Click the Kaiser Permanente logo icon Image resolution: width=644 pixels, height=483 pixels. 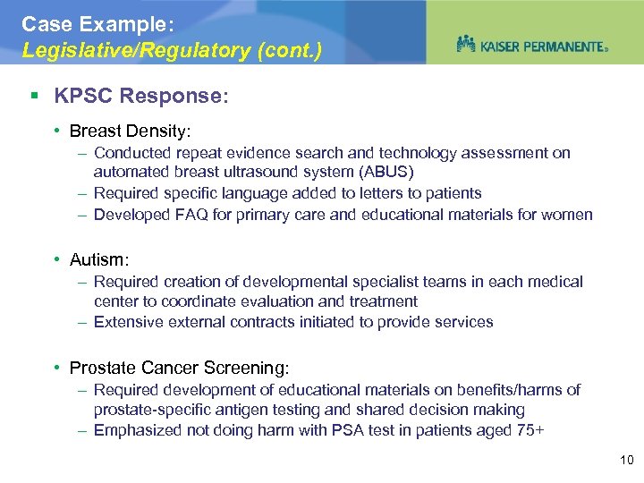click(466, 43)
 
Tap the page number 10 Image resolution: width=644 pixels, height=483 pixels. click(625, 461)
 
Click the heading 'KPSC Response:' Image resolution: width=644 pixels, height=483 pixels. click(140, 96)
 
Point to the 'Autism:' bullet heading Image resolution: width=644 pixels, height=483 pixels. click(99, 259)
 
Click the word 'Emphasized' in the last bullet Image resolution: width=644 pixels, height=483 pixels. click(137, 430)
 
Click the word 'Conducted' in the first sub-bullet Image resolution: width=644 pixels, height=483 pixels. click(130, 153)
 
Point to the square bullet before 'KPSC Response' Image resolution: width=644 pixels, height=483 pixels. click(33, 96)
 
